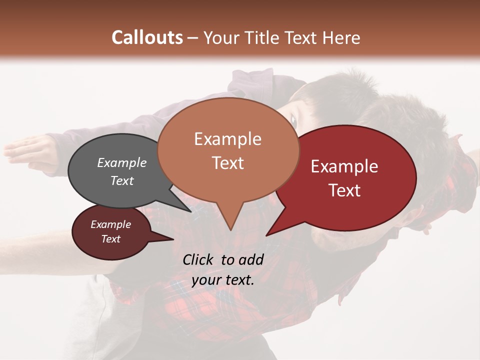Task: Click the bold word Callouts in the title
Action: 147,37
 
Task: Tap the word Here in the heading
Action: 341,37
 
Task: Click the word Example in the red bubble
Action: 344,166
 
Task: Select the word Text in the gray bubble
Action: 122,180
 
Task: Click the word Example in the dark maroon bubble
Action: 110,224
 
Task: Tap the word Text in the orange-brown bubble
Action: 228,163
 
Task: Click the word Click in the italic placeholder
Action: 199,259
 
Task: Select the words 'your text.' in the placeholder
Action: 223,280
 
